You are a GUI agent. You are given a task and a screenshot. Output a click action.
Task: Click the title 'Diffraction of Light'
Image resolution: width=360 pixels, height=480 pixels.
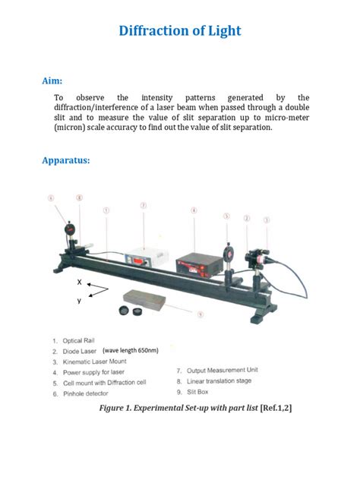point(180,31)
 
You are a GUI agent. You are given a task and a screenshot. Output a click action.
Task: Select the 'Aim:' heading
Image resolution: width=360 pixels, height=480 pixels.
point(52,80)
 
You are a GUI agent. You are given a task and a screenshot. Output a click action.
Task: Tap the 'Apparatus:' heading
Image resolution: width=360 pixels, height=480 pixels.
point(66,161)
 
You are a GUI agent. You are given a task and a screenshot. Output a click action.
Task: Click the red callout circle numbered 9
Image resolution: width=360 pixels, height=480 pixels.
point(200,314)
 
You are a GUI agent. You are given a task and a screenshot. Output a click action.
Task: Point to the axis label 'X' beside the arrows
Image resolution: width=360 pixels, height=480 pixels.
point(78,281)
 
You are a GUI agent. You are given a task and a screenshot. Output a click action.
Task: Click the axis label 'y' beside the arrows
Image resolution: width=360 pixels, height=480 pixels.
point(79,300)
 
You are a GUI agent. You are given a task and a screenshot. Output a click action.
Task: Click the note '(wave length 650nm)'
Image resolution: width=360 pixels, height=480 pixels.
point(130,350)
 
